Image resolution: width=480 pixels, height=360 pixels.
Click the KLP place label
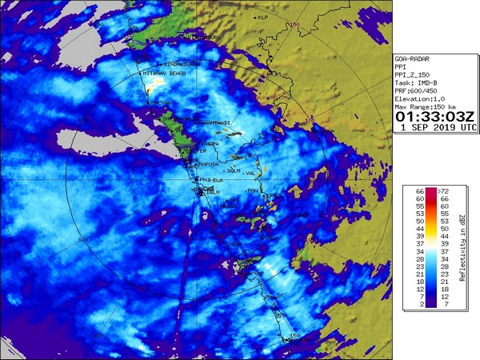263,17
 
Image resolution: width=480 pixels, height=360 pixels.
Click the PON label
254,191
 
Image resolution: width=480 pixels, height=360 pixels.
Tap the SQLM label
234,170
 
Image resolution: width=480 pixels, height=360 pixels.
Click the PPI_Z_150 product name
413,75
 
